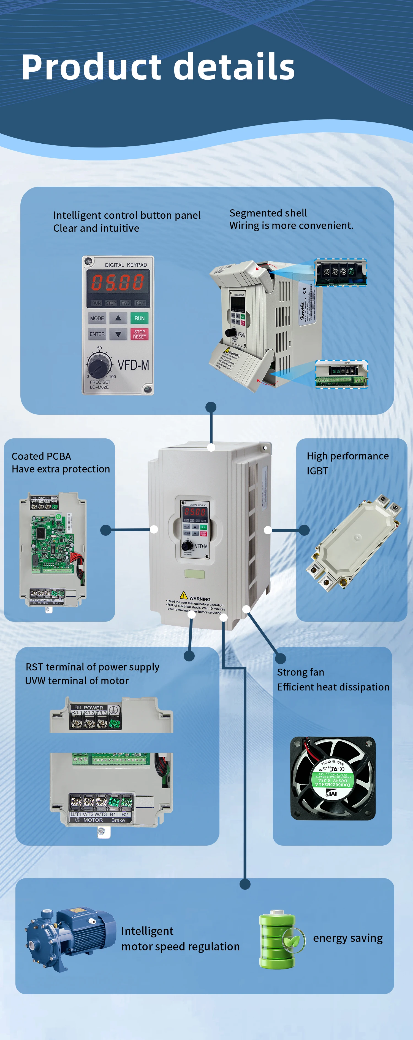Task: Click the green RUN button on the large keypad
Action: (139, 318)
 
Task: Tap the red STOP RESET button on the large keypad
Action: (139, 334)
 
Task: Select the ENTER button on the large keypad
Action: (97, 334)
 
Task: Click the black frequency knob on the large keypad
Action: (98, 365)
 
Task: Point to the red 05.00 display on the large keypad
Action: (118, 282)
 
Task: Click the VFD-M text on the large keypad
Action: (133, 365)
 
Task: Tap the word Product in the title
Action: (91, 67)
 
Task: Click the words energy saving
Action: (348, 938)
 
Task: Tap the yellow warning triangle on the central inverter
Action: (184, 595)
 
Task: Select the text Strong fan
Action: (300, 672)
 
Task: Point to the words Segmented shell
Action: (268, 213)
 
